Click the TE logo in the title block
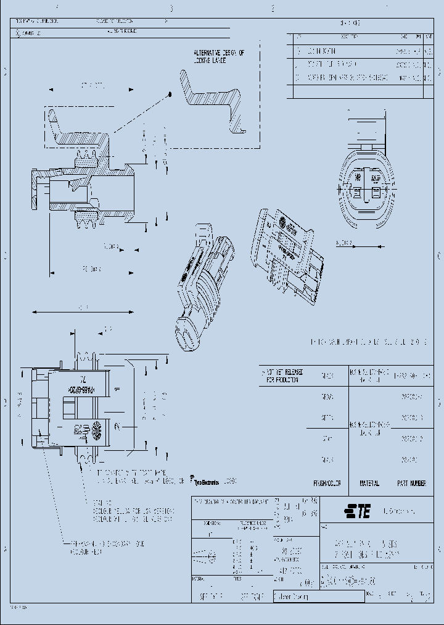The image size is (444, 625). click(x=357, y=511)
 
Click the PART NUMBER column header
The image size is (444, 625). click(x=412, y=483)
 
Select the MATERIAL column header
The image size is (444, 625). click(x=369, y=483)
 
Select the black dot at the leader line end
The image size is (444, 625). click(x=168, y=94)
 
